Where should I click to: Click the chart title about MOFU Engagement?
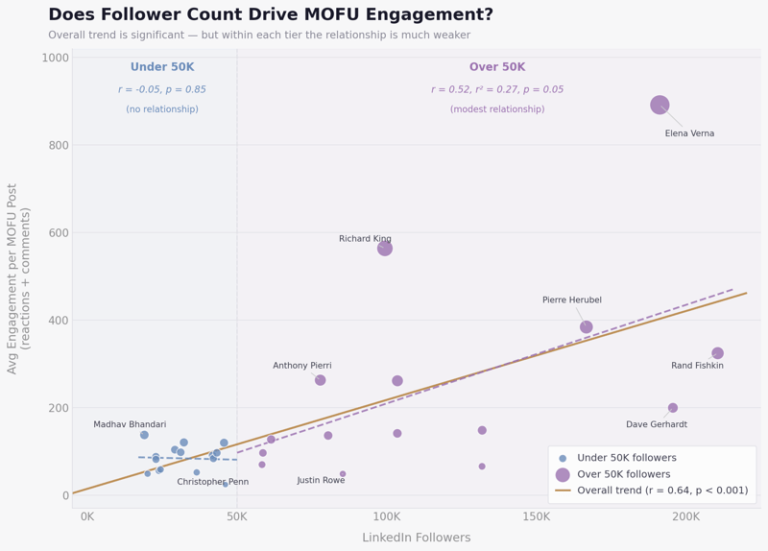(271, 15)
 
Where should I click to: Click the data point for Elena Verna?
(660, 105)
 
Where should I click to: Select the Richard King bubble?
(385, 249)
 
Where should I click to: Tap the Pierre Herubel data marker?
(587, 327)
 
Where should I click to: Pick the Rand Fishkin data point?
(717, 353)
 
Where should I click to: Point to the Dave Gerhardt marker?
(673, 408)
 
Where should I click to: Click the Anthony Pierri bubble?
(321, 380)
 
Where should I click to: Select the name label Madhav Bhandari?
(130, 424)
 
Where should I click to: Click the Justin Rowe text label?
(321, 480)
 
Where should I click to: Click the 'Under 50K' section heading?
(162, 67)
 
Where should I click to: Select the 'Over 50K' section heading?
(497, 67)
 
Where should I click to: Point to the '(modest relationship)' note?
(497, 109)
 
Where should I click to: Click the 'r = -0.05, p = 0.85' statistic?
(162, 89)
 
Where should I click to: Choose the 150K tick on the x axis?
(536, 516)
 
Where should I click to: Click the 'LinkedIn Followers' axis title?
(416, 538)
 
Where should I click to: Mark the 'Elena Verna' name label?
(689, 133)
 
